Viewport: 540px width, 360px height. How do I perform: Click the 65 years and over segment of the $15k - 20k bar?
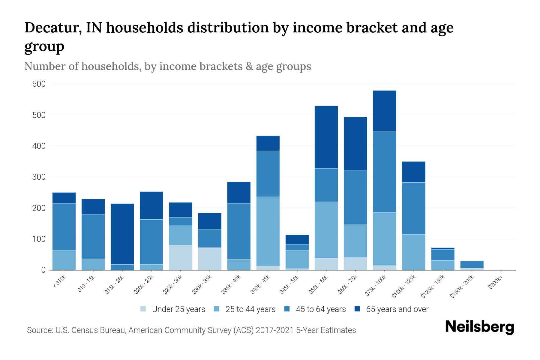tap(122, 234)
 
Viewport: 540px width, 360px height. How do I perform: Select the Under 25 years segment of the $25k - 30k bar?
tap(181, 257)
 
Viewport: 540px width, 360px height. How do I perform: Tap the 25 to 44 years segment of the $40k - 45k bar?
tap(268, 231)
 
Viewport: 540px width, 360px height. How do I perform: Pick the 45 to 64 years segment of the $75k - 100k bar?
tap(384, 172)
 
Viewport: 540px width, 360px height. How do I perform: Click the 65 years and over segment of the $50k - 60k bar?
tap(326, 137)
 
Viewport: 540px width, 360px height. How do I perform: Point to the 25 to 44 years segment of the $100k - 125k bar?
tap(413, 252)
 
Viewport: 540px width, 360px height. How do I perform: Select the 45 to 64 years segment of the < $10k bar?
tap(64, 226)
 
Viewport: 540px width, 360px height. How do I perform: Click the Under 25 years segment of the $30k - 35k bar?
tap(210, 259)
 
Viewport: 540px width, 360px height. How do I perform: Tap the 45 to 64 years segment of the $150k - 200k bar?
tap(472, 264)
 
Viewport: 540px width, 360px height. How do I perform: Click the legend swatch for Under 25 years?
tap(143, 309)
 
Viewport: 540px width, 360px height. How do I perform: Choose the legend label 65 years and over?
tap(397, 309)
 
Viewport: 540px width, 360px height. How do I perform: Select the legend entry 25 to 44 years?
tap(250, 309)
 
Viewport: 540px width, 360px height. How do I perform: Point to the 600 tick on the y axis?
tap(39, 84)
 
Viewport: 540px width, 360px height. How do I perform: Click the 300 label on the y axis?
tap(39, 177)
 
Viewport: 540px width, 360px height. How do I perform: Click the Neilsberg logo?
tap(479, 327)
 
